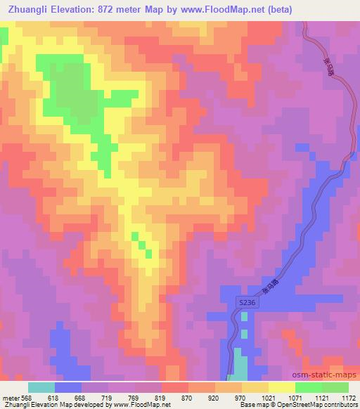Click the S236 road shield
244,301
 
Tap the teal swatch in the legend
41,387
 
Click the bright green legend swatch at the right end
335,387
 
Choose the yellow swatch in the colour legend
281,387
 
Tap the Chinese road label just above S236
270,283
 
